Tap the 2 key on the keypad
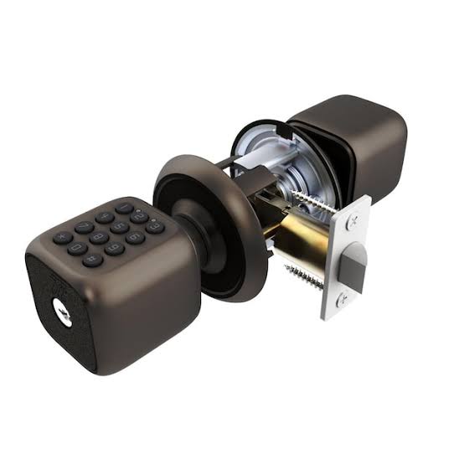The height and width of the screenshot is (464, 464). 139,217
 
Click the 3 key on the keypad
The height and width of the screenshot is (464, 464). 155,227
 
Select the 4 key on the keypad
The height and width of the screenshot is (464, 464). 105,218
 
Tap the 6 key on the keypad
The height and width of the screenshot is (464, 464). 136,238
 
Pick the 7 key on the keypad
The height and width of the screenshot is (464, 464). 84,227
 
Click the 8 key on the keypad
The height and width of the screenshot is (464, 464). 99,238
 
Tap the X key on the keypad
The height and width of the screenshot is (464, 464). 63,238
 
